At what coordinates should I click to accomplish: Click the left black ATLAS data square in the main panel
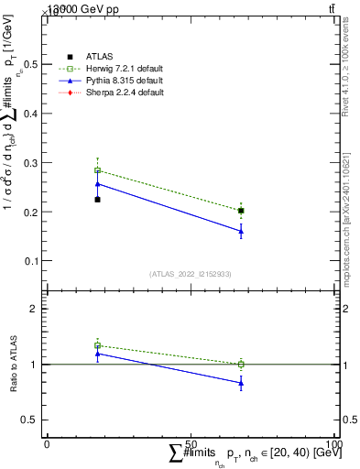tap(98, 199)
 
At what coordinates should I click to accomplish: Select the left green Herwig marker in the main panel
tap(98, 170)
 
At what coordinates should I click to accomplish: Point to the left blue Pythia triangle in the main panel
tap(98, 184)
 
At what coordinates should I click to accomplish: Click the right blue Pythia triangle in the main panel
tap(241, 231)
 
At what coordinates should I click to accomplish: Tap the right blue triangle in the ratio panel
tap(241, 383)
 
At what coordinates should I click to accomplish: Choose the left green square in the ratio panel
tap(98, 345)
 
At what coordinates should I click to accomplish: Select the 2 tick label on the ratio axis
tap(37, 310)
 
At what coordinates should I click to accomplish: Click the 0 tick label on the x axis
tap(47, 444)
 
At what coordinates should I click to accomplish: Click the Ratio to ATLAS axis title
tap(13, 365)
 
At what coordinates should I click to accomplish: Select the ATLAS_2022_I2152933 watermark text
tap(191, 274)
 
